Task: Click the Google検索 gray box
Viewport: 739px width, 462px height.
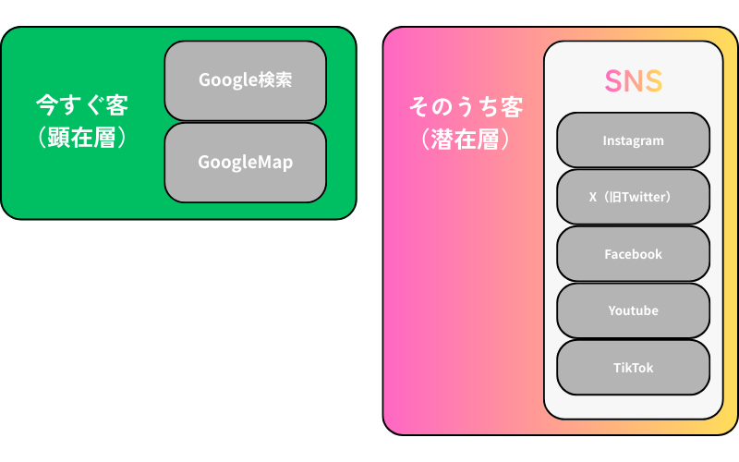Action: pos(245,80)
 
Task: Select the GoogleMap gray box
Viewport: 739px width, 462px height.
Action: pos(245,163)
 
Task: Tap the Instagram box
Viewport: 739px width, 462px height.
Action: pos(634,140)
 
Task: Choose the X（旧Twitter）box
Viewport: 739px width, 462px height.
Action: pos(634,197)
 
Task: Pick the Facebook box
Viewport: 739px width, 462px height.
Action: pos(634,254)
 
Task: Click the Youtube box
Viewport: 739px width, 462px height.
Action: pos(634,310)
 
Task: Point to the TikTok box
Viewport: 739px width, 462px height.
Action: pos(634,368)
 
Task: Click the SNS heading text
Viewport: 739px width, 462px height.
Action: pos(634,81)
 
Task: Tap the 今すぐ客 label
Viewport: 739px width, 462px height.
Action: pos(82,103)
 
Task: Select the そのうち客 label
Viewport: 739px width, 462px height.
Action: pos(466,107)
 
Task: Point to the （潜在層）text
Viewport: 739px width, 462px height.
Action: pos(466,140)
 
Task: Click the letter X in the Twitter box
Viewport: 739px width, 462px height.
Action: pos(593,197)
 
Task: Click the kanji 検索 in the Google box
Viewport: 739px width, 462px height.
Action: pos(276,80)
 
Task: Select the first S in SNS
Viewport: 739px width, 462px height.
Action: pos(613,81)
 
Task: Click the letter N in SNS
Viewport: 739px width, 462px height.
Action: pos(634,81)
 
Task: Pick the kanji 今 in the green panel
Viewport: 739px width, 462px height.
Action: pos(46,103)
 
